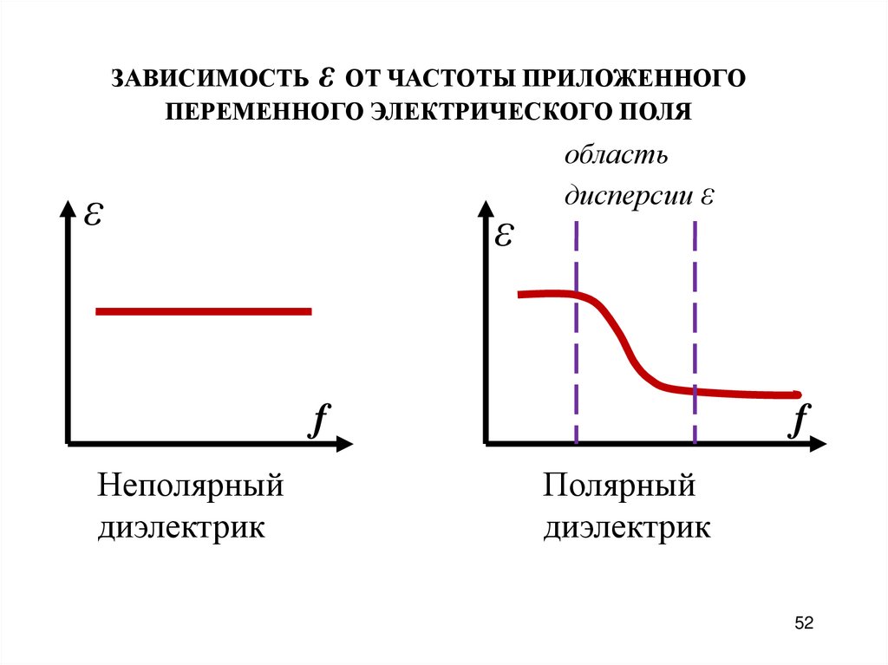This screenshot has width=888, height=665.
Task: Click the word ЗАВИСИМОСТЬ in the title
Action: pyautogui.click(x=206, y=79)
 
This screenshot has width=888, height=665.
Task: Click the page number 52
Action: pyautogui.click(x=804, y=623)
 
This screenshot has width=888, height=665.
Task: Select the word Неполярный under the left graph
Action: pyautogui.click(x=191, y=485)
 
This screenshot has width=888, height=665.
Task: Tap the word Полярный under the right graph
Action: pyautogui.click(x=620, y=485)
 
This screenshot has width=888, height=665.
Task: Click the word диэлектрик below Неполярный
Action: pyautogui.click(x=180, y=527)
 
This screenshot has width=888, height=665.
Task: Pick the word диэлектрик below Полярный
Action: pyautogui.click(x=627, y=527)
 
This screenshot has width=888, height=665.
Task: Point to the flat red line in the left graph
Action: pyautogui.click(x=203, y=310)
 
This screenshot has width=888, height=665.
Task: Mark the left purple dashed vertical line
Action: pyautogui.click(x=576, y=347)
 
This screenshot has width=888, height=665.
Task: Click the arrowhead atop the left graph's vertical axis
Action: pyautogui.click(x=67, y=208)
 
